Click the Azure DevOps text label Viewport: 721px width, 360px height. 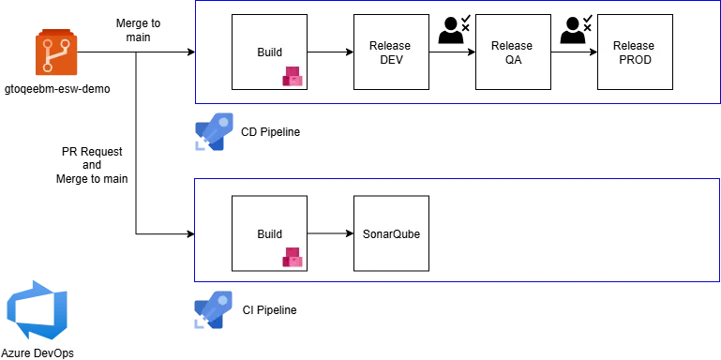(38, 353)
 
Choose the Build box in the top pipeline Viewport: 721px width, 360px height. (270, 52)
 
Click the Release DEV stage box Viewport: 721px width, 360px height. (391, 52)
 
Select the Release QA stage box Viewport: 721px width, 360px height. (512, 52)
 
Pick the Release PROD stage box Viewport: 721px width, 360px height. (634, 52)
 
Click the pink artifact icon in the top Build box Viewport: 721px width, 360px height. (293, 77)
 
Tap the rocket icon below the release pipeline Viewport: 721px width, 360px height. (217, 133)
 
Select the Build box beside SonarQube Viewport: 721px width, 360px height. (270, 233)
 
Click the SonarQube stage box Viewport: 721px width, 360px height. (391, 233)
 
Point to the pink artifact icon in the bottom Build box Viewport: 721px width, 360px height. (293, 256)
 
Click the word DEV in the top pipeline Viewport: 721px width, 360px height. (391, 60)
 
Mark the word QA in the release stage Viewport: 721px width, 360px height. (512, 60)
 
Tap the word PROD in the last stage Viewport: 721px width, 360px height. (634, 60)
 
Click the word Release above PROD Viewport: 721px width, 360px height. (634, 46)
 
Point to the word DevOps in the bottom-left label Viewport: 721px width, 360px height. (53, 353)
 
